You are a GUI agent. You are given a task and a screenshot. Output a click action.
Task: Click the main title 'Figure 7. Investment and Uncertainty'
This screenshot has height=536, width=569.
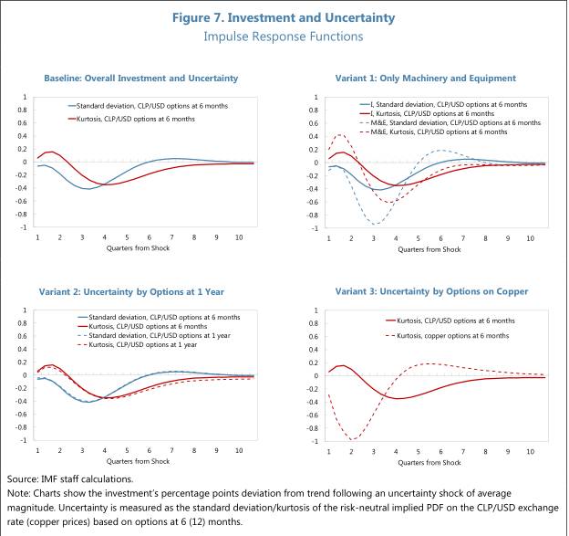click(284, 18)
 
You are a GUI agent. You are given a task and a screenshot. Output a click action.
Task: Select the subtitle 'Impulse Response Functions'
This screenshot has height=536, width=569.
click(284, 37)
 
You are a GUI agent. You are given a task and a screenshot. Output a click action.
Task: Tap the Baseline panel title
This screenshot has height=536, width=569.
click(140, 79)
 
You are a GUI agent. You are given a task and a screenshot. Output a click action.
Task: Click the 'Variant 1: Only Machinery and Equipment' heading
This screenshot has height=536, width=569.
click(425, 79)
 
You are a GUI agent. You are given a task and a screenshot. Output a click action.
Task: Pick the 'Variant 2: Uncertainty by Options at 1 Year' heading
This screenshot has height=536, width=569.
click(131, 292)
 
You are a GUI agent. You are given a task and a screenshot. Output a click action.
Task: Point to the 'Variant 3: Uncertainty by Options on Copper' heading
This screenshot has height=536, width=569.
click(431, 291)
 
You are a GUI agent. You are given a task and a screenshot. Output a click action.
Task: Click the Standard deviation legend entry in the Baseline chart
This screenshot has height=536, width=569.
click(148, 106)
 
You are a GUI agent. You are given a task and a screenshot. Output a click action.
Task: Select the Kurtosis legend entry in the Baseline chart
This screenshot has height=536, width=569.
click(131, 119)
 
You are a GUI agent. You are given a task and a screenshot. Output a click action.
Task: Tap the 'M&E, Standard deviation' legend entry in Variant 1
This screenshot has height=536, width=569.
click(450, 123)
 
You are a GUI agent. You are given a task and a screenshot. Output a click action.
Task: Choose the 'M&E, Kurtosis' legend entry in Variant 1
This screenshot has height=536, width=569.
click(433, 131)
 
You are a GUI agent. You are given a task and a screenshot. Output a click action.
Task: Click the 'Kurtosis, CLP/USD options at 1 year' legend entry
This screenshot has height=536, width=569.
click(137, 344)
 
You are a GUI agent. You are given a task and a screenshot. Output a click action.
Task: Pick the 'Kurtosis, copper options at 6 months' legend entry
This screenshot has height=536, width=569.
click(447, 336)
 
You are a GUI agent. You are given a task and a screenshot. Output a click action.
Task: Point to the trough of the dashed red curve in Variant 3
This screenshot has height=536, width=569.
click(352, 440)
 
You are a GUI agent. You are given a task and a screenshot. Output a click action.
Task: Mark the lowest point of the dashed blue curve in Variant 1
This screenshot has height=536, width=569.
click(376, 224)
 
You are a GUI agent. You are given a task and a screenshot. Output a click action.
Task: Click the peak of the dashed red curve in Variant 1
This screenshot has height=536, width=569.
click(339, 134)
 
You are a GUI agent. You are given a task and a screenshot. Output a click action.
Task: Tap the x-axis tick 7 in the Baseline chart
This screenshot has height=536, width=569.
click(171, 237)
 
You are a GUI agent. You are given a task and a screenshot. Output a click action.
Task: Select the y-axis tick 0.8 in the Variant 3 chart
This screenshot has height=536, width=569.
click(314, 323)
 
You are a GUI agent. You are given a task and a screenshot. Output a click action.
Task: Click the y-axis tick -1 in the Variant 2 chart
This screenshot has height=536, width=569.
click(24, 440)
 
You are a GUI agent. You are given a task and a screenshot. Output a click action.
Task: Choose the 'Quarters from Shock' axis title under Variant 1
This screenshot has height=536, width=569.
click(429, 249)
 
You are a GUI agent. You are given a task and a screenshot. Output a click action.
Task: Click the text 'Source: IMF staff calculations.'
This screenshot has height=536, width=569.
click(70, 479)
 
